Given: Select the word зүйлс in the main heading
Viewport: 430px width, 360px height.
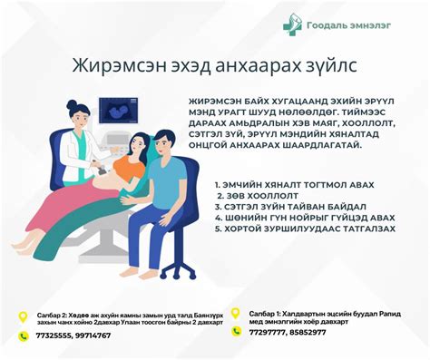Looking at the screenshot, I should (x=331, y=66).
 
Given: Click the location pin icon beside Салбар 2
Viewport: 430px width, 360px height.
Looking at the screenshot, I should (x=24, y=316).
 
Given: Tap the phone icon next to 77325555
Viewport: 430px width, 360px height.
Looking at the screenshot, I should (x=24, y=336).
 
